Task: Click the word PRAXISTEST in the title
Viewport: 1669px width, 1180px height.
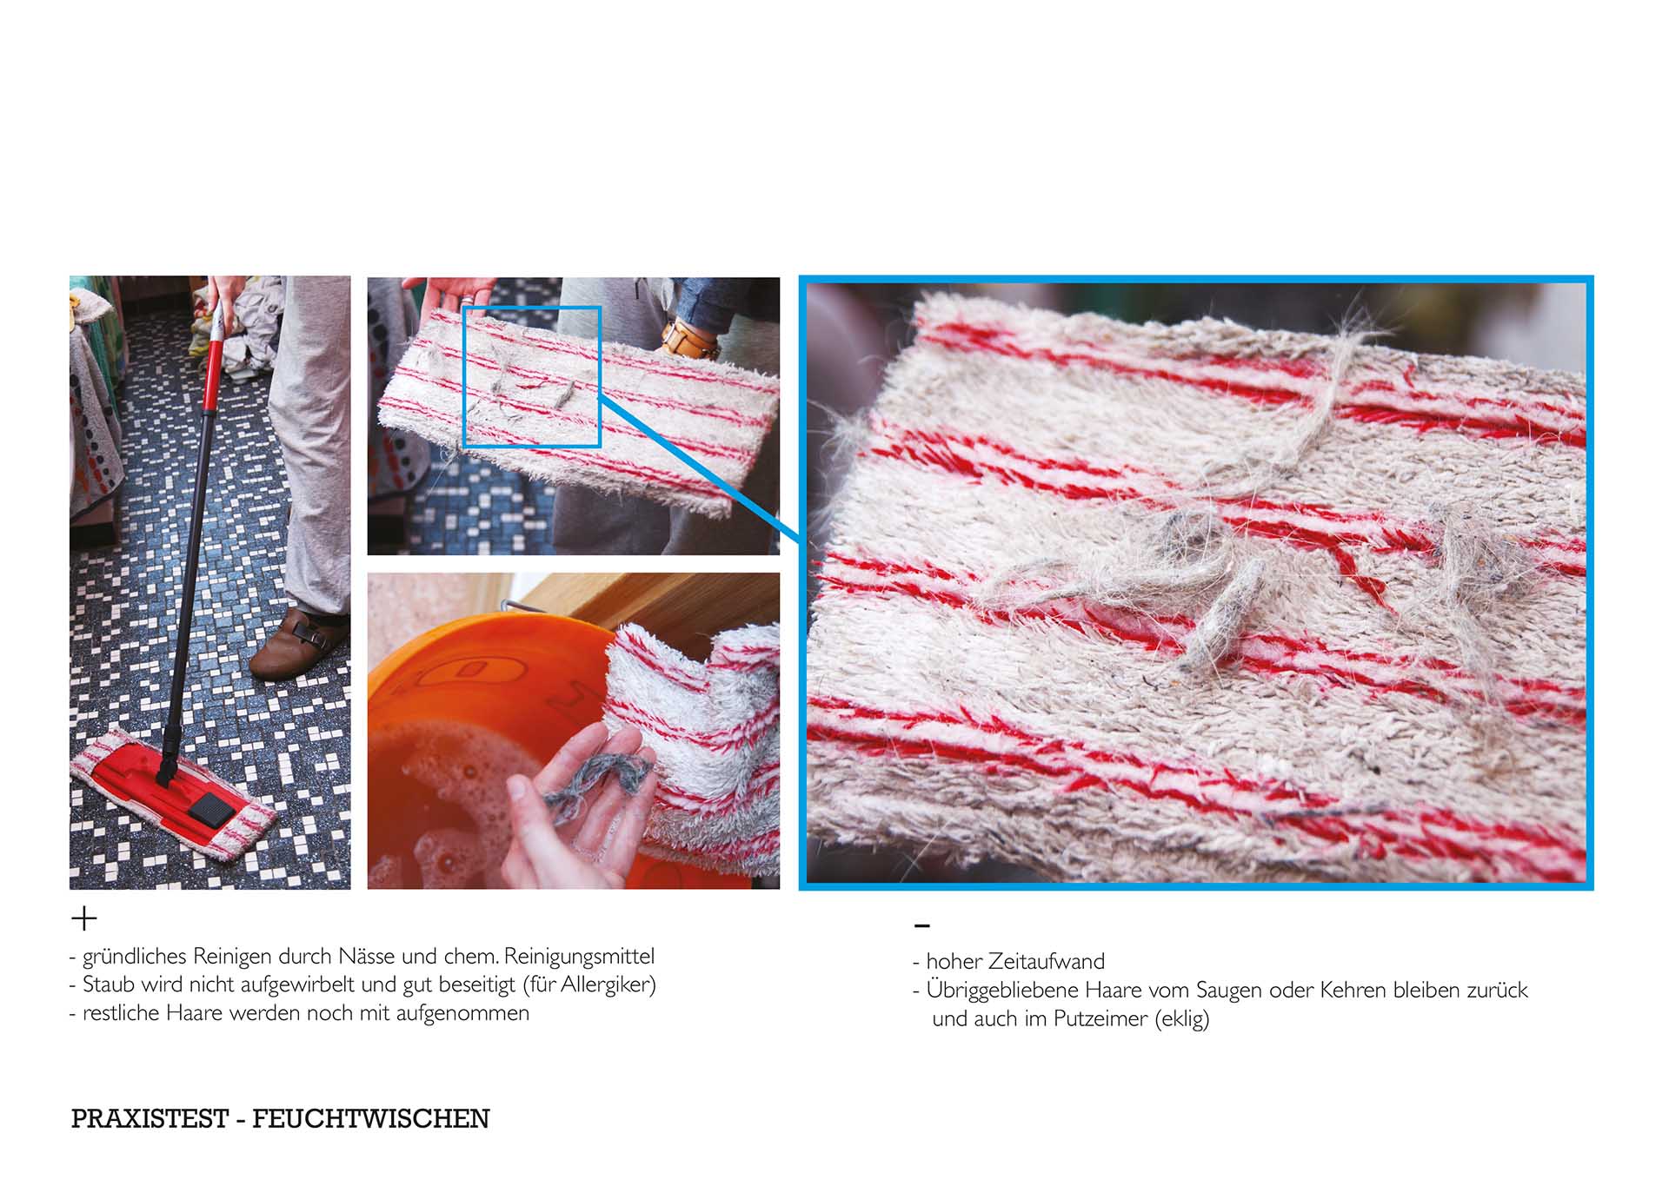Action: point(150,1118)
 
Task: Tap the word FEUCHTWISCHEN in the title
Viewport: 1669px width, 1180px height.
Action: point(371,1118)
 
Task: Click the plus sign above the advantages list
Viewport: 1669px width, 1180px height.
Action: point(84,918)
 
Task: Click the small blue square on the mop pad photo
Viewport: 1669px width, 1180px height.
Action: point(532,376)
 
